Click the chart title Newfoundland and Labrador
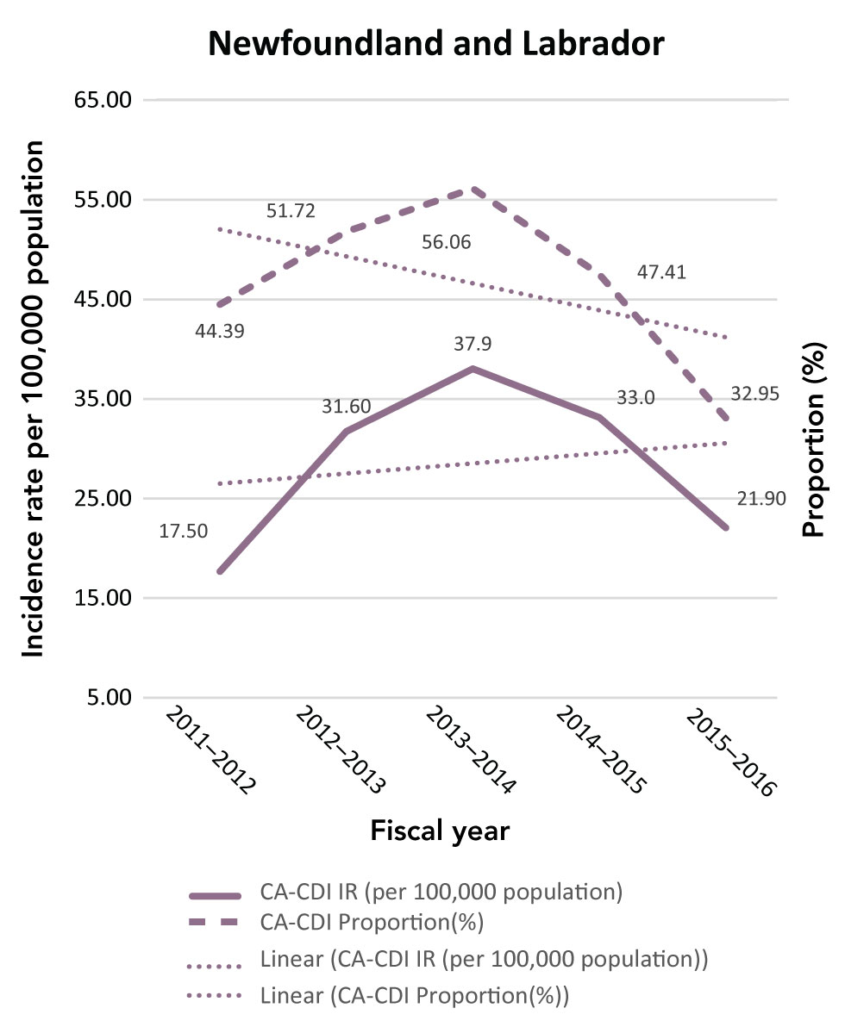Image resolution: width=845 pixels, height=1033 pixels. tap(436, 44)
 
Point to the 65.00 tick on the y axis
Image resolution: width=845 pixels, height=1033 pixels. tap(103, 100)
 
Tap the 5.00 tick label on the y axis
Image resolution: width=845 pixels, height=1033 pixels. tap(108, 698)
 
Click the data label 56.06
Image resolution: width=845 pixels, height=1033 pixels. tap(446, 243)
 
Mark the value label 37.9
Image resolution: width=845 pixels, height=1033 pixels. tap(473, 344)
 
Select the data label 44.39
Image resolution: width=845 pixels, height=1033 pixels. tap(219, 330)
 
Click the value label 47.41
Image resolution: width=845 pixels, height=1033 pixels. tap(661, 273)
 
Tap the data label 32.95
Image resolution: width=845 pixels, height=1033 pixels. tap(755, 394)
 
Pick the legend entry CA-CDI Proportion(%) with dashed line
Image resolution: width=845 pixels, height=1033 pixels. tap(371, 923)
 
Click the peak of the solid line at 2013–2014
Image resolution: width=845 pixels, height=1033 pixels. tap(473, 369)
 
